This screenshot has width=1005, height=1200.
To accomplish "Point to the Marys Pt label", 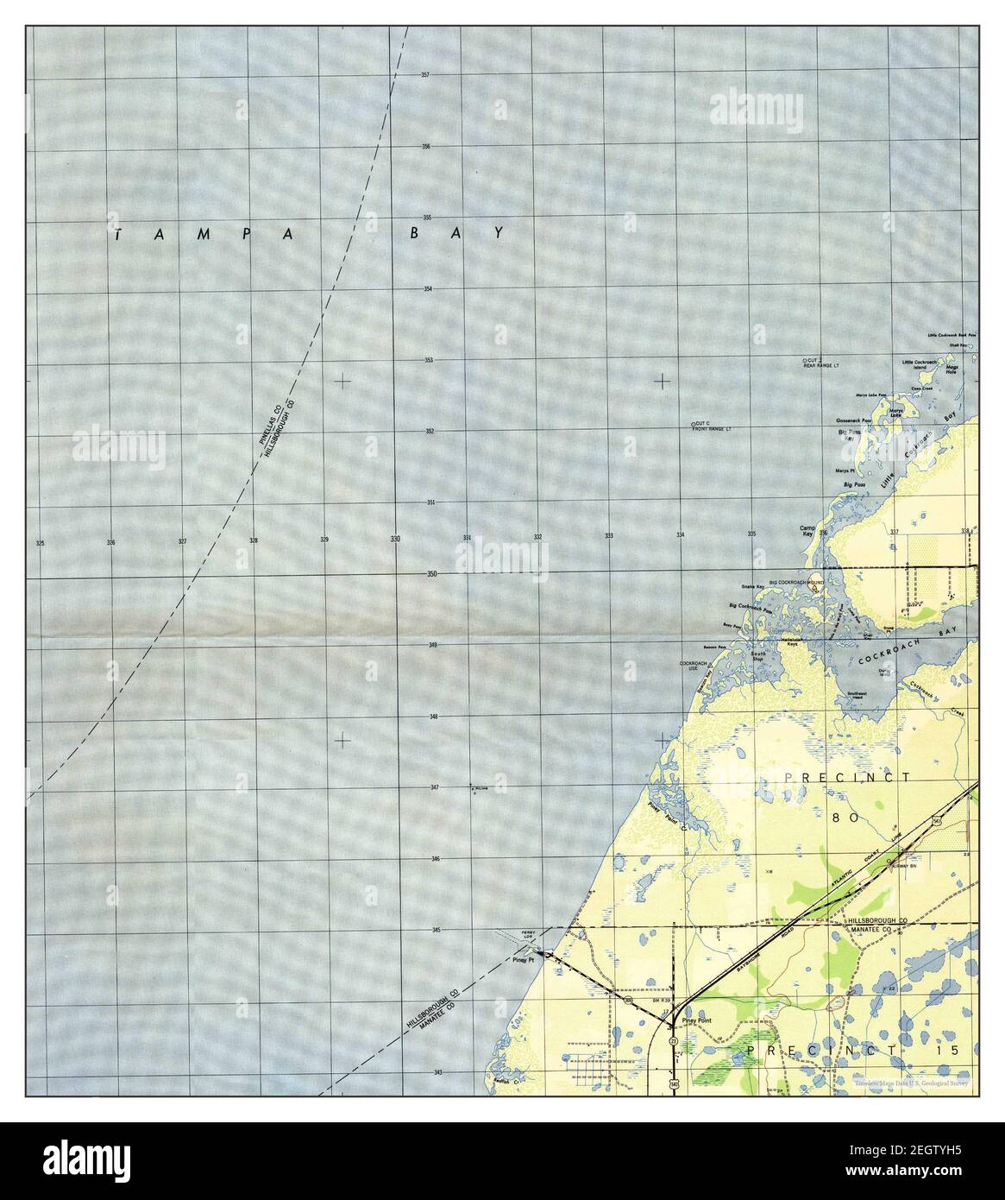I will (x=845, y=471).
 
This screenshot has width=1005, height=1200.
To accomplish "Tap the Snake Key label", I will (x=753, y=586).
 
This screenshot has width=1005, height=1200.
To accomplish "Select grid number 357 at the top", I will (x=425, y=75).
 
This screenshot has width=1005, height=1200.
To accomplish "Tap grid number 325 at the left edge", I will (x=39, y=543).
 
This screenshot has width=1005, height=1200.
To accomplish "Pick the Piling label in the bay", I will (x=481, y=787).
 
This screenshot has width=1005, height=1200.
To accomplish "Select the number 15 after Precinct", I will (x=964, y=1049).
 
